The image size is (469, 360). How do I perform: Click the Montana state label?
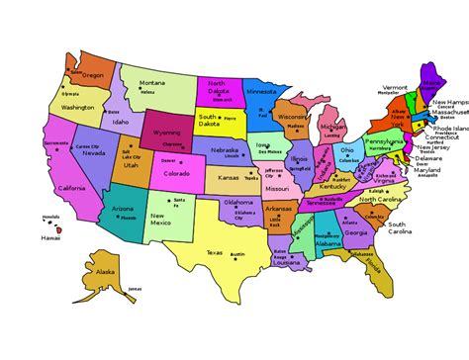click(152, 82)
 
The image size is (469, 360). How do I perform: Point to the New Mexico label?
click(164, 218)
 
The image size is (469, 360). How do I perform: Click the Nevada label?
click(94, 153)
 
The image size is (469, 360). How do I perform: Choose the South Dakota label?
click(209, 120)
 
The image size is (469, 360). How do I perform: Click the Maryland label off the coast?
click(427, 170)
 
